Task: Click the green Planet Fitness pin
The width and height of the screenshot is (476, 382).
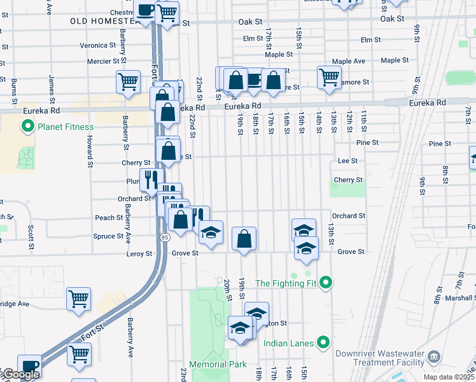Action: click(28, 127)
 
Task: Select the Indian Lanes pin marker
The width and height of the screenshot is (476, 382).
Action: click(323, 343)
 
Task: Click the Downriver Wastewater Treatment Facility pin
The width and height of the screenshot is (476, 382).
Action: click(434, 355)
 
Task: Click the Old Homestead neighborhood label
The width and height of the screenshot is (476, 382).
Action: click(106, 21)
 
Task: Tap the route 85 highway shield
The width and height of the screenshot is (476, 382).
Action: click(165, 237)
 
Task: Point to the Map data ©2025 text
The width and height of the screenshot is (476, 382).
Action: click(449, 377)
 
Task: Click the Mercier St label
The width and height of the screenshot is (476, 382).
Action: click(102, 62)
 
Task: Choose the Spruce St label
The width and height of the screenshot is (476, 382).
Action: click(108, 236)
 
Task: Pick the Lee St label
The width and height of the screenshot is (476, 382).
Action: click(347, 161)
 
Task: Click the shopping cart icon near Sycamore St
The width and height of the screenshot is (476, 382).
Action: click(329, 78)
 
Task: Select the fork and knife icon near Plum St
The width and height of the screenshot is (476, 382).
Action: click(151, 180)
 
